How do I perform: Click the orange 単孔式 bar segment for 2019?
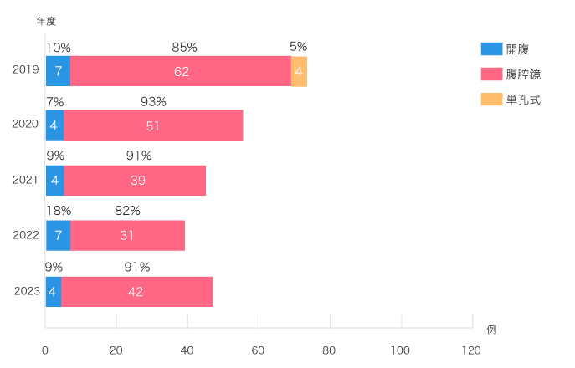coord(299,71)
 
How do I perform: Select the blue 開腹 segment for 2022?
coord(58,235)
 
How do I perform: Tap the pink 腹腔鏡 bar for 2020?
coord(153,125)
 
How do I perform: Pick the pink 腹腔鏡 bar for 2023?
coord(136,291)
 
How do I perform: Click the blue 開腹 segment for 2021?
coord(54,181)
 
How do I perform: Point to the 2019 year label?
coord(26,69)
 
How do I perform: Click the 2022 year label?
coord(26,235)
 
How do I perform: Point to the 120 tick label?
coord(471,349)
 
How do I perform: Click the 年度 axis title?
coord(46,21)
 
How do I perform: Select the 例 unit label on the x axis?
coord(491,329)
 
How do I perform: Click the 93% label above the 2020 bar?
coord(153,102)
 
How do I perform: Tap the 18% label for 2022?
coord(58,212)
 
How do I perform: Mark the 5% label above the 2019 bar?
coord(299,47)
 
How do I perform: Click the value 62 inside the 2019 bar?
coord(182,71)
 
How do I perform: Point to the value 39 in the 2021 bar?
coord(136,181)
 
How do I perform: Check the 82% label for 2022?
coord(127,212)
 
